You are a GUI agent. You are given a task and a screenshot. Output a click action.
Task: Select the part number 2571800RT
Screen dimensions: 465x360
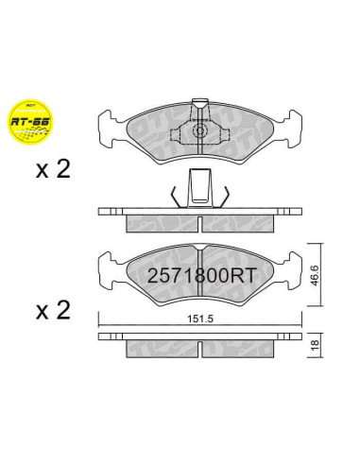pos(200,277)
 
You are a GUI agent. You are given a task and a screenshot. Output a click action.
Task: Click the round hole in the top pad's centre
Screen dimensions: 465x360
pos(200,132)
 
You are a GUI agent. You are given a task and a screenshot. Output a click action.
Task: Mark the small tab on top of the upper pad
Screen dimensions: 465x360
pos(200,103)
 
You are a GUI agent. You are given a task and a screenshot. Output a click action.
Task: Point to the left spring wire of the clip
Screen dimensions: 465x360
pos(176,196)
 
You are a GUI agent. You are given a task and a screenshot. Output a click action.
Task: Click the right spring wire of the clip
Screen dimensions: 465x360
pos(225,196)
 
